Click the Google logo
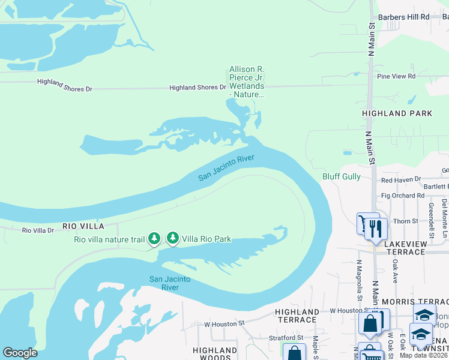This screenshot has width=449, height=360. point(20,353)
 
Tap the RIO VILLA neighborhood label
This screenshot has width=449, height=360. point(83,226)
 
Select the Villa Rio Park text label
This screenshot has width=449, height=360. point(207,239)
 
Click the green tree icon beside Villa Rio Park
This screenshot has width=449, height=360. point(173,238)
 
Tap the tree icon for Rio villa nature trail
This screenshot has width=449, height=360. point(154,239)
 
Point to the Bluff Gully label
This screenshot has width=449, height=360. point(342,176)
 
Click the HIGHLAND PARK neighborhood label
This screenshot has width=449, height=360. point(397,113)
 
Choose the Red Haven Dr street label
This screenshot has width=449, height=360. point(402,179)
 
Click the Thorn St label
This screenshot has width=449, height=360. point(406,221)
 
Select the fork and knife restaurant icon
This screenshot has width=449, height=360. point(376,228)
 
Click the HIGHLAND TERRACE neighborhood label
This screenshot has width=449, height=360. point(297,316)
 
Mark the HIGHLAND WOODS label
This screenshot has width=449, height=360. point(215,354)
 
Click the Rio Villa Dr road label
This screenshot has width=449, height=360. point(38,230)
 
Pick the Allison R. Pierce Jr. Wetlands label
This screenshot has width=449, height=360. point(247,82)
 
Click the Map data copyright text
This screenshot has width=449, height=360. point(424,355)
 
